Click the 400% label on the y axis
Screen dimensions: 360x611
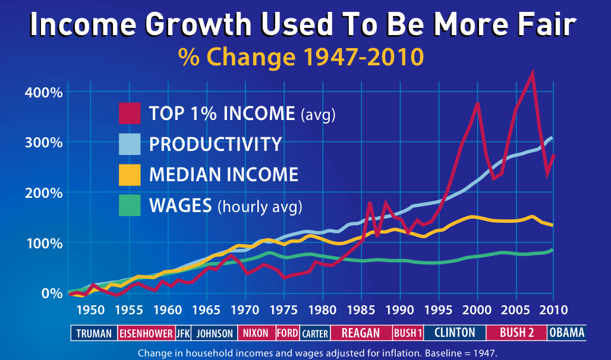tap(43, 92)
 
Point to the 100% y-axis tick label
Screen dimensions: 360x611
tap(43, 243)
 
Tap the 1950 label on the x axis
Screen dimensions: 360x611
tap(90, 310)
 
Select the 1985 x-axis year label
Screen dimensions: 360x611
tap(361, 310)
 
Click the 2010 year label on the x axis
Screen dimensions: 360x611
tap(553, 310)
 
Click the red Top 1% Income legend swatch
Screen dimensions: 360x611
tap(130, 113)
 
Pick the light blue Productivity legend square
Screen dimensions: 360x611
tap(130, 144)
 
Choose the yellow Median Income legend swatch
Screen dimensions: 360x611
tap(130, 175)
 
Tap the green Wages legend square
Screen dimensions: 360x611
tap(130, 206)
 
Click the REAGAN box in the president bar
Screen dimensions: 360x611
tap(361, 333)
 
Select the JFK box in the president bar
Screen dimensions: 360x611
tap(183, 333)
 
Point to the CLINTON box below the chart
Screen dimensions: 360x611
tap(455, 333)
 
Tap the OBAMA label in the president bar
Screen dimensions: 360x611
tap(566, 333)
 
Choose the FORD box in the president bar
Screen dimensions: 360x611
tap(288, 333)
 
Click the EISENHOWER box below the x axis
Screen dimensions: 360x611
tap(146, 333)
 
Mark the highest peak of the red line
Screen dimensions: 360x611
tap(532, 73)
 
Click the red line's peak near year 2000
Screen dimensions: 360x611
tap(477, 103)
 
